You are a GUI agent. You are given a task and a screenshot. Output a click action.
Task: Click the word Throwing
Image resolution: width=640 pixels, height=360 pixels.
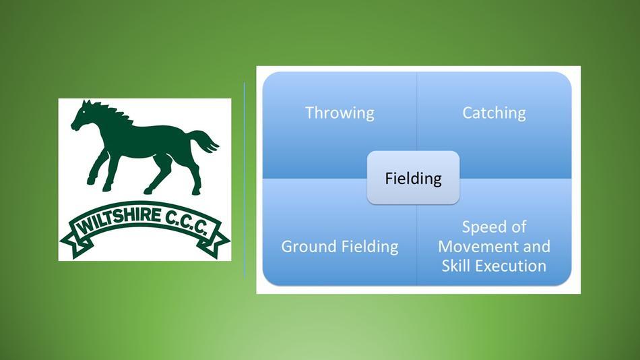(340, 113)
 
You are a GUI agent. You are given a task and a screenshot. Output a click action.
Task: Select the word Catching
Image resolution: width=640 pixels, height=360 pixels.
(494, 113)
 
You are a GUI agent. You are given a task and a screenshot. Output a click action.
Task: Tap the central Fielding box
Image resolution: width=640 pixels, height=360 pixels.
(413, 178)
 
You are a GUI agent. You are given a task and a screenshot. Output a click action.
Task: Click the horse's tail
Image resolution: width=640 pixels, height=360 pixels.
(204, 142)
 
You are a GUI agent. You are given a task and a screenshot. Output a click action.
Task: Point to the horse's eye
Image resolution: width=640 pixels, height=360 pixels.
(84, 111)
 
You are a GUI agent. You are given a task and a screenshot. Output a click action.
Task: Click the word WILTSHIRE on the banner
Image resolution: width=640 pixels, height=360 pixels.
(119, 219)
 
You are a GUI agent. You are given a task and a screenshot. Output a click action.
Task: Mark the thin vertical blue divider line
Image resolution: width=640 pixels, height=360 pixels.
(245, 180)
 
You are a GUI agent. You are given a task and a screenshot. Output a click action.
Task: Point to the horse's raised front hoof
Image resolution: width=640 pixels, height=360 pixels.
(92, 180)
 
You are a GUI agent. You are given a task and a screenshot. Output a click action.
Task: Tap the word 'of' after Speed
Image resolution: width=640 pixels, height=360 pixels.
(517, 227)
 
